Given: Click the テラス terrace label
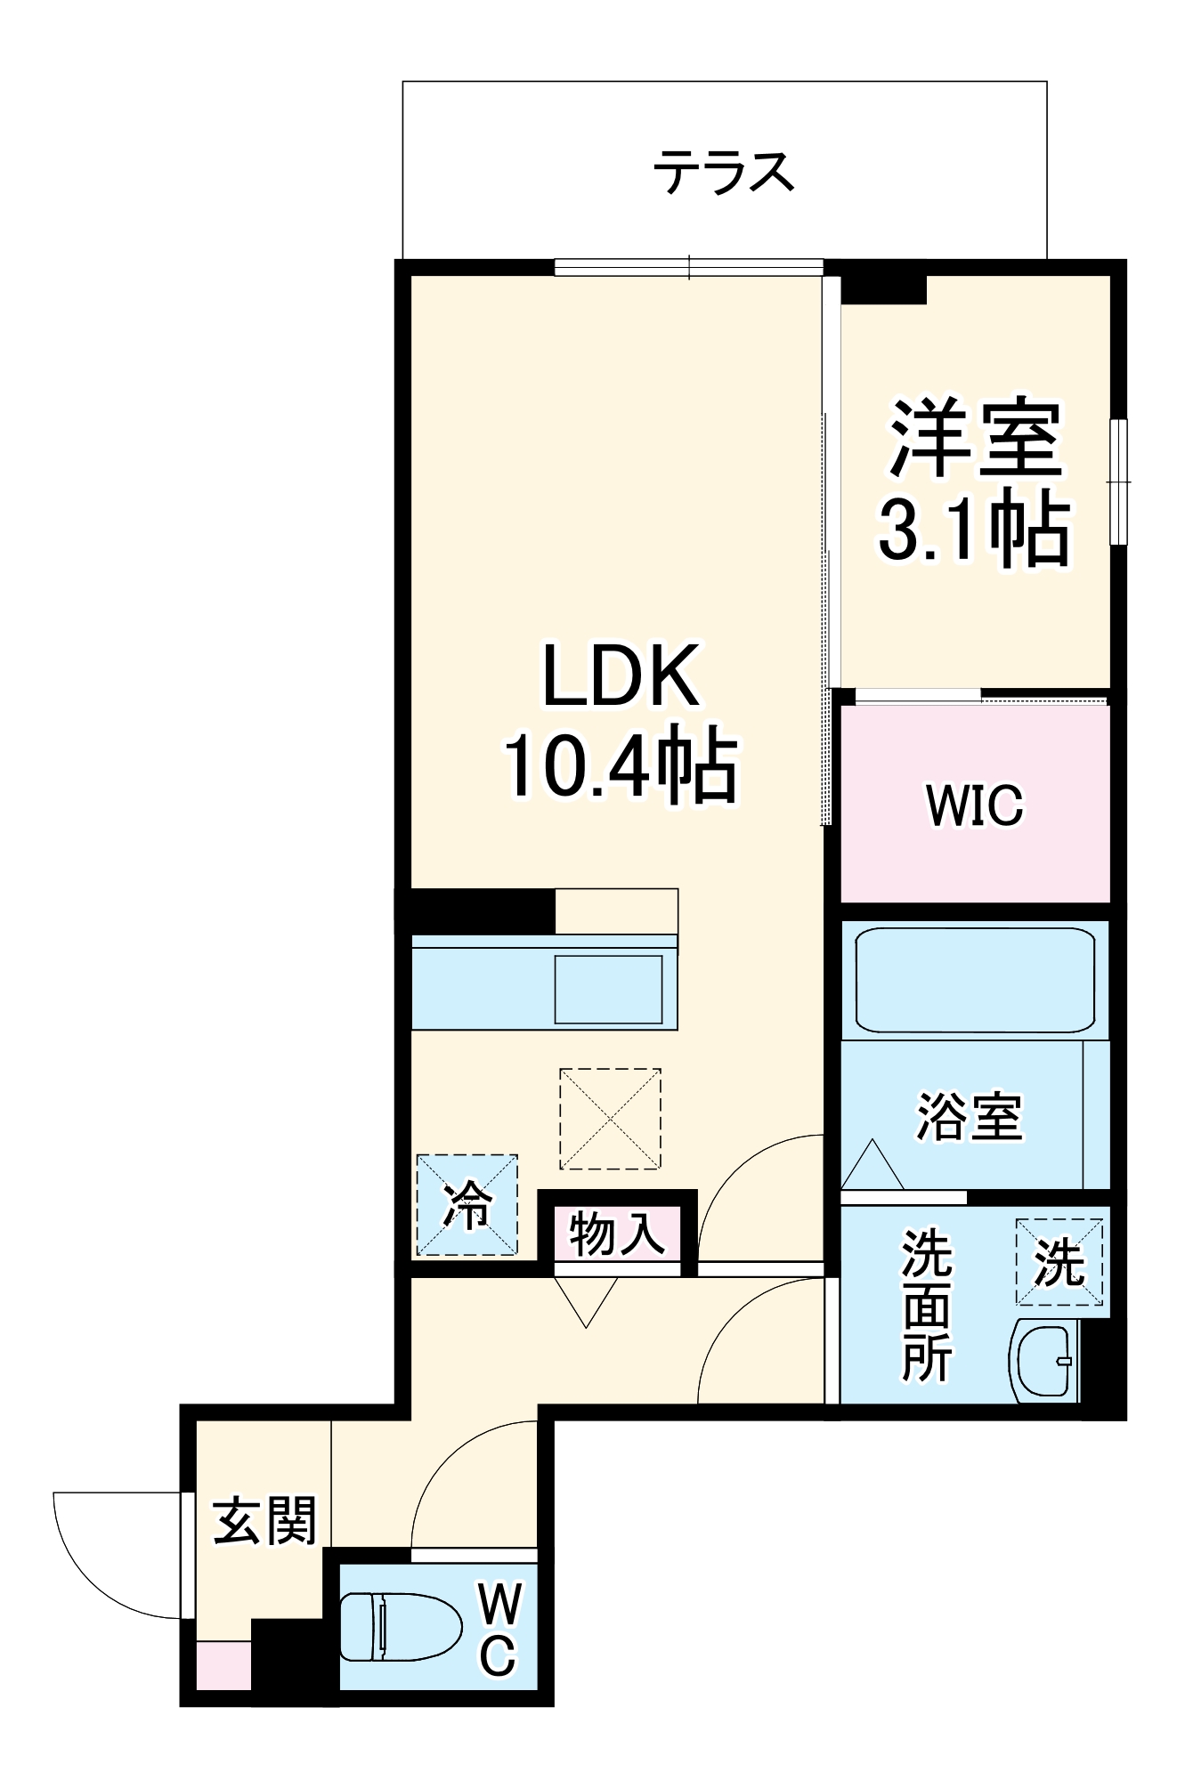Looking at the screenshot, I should pos(723,173).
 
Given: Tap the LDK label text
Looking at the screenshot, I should pos(621,676).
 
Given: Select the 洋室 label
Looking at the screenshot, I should pos(975,439).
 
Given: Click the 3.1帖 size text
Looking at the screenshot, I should pos(974,529).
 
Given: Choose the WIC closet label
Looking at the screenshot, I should pos(974,805).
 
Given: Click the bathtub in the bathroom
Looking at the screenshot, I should pos(975,980).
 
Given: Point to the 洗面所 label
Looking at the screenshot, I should pos(926,1305).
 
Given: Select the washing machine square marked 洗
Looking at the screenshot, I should pos(1059,1262).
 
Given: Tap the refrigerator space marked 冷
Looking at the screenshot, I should pos(467,1205).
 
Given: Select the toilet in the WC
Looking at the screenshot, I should pos(400,1626).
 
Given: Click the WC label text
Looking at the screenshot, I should pos(499,1629).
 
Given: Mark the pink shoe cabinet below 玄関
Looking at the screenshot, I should pos(223,1665).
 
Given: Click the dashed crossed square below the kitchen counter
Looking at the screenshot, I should pos(610,1119).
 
